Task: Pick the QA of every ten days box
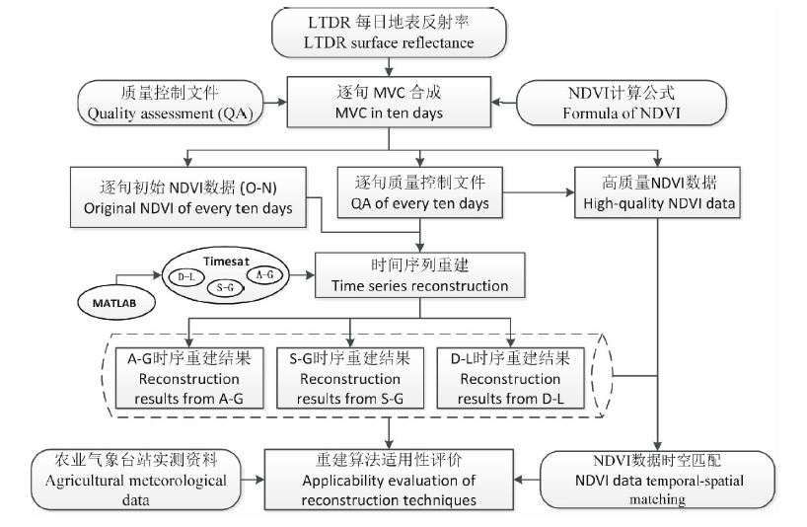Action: pyautogui.click(x=420, y=193)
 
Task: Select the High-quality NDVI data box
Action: pyautogui.click(x=653, y=193)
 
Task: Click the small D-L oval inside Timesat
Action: pyautogui.click(x=183, y=275)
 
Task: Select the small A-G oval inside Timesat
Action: pyautogui.click(x=265, y=273)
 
